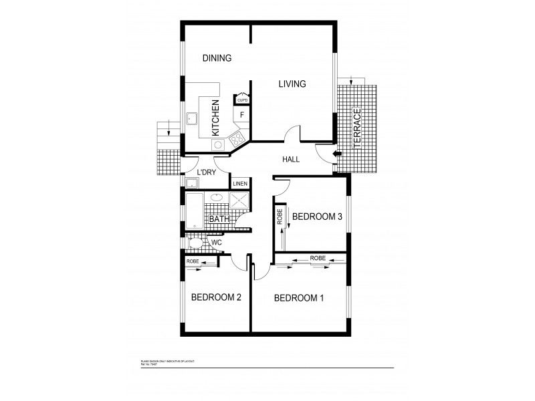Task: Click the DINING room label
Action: pos(217,58)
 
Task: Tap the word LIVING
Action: pos(292,84)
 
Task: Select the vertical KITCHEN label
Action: pos(215,118)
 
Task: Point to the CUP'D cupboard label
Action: pos(241,100)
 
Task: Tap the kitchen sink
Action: pos(193,120)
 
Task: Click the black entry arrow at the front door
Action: pos(338,154)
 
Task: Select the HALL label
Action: pos(291,160)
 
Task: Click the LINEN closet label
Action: pos(240,183)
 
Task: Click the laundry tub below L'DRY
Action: pos(191,184)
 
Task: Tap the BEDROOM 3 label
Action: pos(318,217)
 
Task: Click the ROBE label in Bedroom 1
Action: pos(318,257)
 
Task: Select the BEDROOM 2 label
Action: pos(216,298)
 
